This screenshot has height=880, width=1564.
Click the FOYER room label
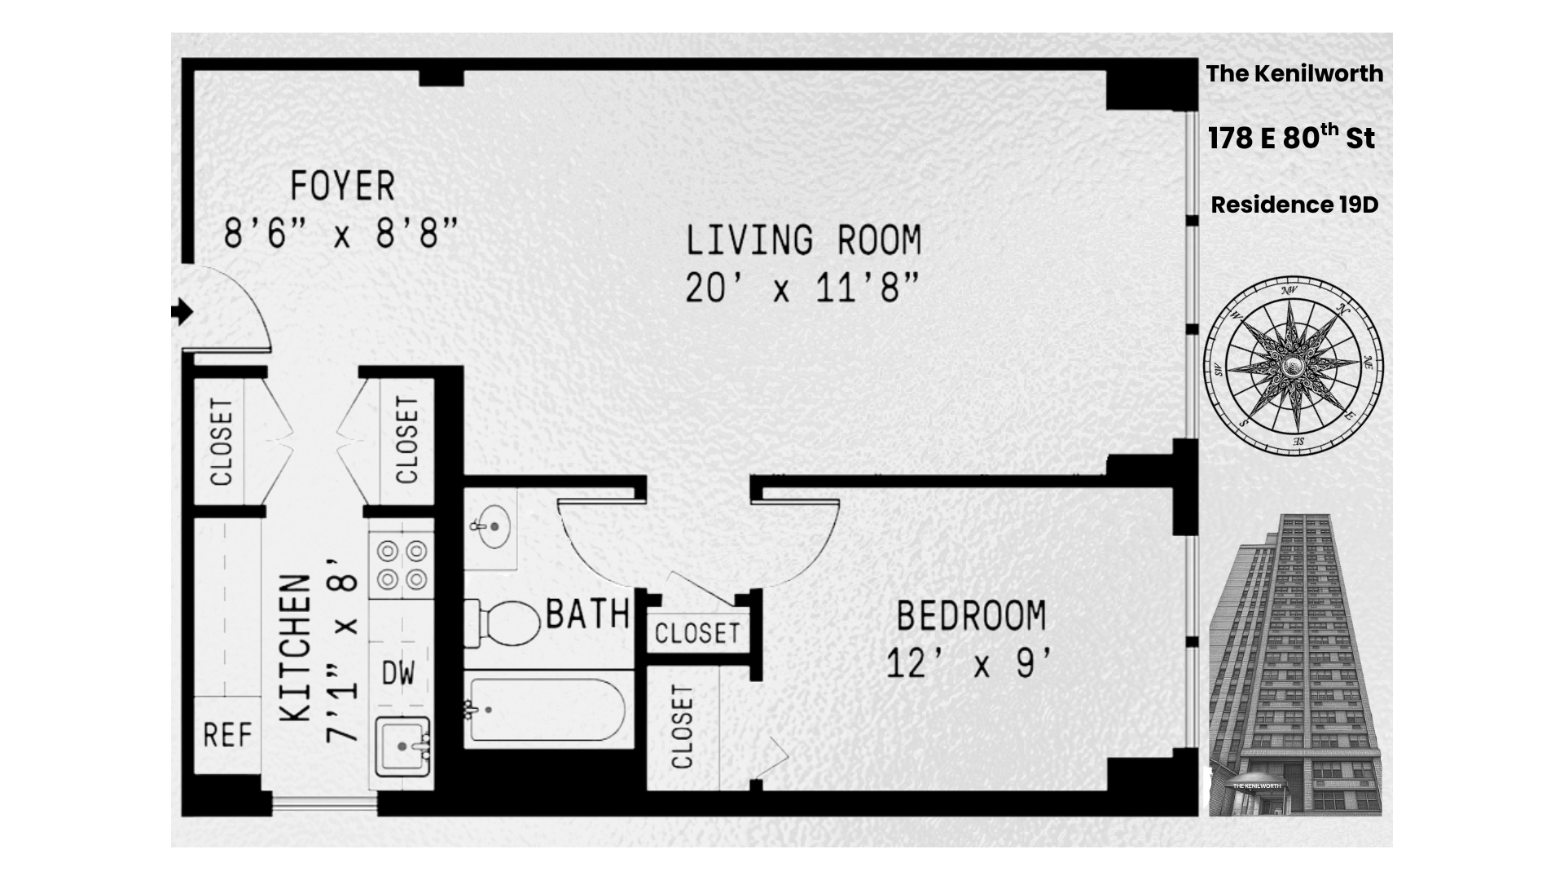pyautogui.click(x=342, y=187)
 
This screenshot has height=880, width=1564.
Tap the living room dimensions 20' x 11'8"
pyautogui.click(x=802, y=288)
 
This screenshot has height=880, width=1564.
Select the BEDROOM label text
pyautogui.click(x=971, y=615)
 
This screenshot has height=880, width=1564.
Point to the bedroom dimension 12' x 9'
pyautogui.click(x=971, y=664)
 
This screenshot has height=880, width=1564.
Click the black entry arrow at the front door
pyautogui.click(x=182, y=311)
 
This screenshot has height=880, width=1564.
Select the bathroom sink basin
pyautogui.click(x=492, y=526)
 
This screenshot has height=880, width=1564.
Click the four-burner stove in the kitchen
pyautogui.click(x=402, y=565)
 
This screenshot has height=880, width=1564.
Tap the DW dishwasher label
pyautogui.click(x=398, y=673)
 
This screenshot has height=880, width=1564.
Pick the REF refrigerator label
pyautogui.click(x=227, y=736)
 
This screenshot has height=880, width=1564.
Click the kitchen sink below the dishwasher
pyautogui.click(x=402, y=746)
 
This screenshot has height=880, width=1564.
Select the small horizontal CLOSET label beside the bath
pyautogui.click(x=697, y=633)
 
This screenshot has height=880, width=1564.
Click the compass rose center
pyautogui.click(x=1293, y=364)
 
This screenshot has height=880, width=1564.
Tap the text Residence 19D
pyautogui.click(x=1294, y=205)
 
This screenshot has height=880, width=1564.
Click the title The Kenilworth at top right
pyautogui.click(x=1294, y=73)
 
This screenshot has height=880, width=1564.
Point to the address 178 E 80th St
pyautogui.click(x=1291, y=138)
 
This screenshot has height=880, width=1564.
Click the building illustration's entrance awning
pyautogui.click(x=1256, y=785)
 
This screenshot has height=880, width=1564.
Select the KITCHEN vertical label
pyautogui.click(x=297, y=649)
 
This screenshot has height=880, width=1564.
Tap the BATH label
pyautogui.click(x=587, y=614)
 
